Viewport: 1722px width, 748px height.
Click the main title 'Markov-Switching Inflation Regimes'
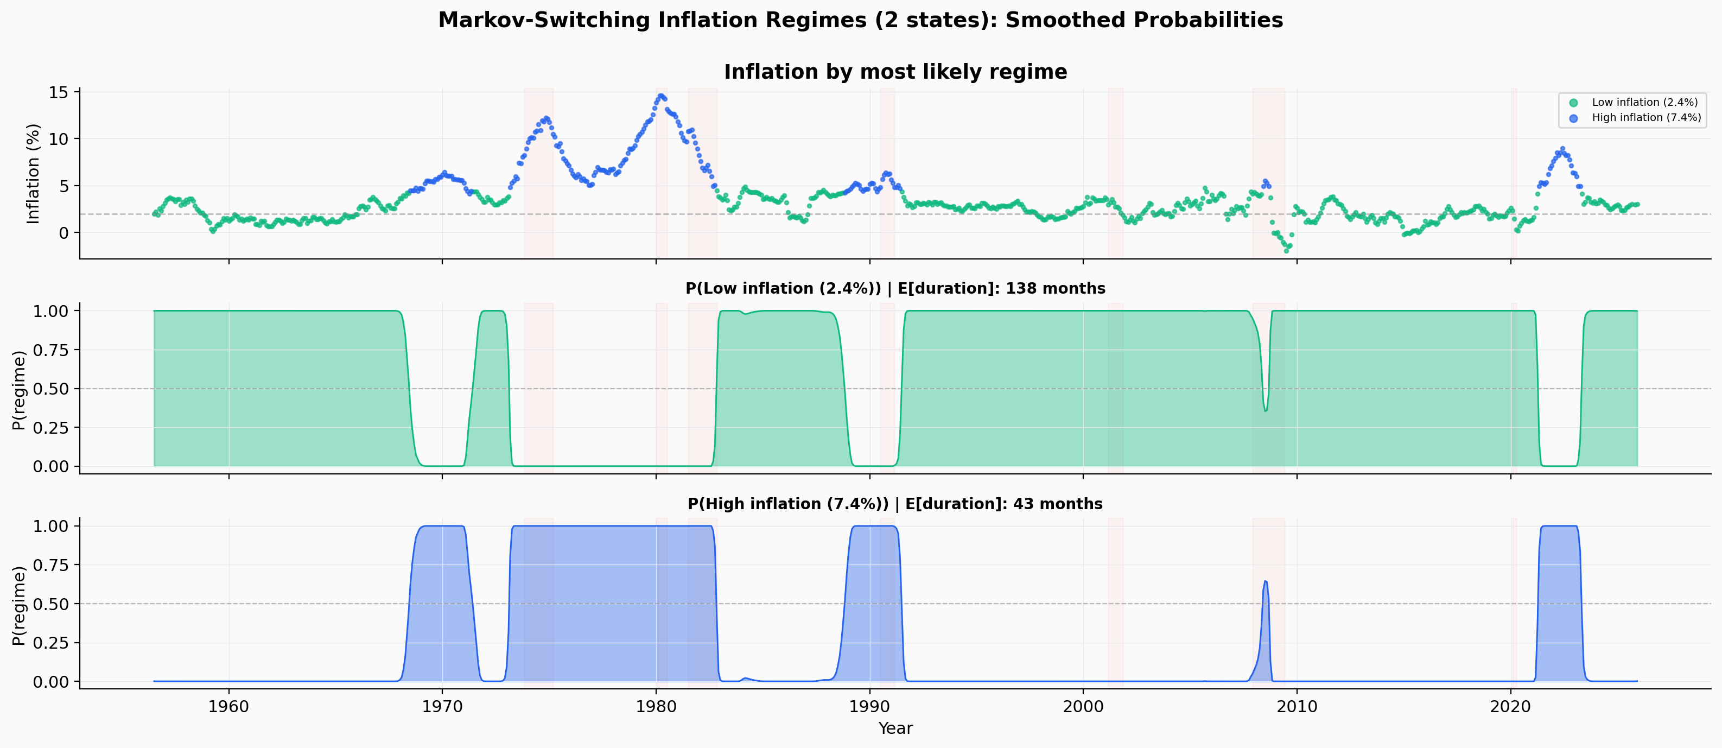[x=860, y=20]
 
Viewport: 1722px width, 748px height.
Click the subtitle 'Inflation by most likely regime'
[x=895, y=72]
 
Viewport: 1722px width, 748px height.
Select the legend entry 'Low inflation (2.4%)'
[x=1644, y=102]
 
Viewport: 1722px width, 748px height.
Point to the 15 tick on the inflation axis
[x=59, y=92]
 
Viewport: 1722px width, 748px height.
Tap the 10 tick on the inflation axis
[x=59, y=139]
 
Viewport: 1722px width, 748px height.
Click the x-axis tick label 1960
[x=228, y=707]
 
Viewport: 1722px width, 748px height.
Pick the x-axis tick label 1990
[x=869, y=707]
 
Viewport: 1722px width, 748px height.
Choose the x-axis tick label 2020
[x=1510, y=707]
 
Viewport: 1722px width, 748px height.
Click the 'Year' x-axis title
[x=895, y=728]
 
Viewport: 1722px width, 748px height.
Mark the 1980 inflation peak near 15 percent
[x=661, y=96]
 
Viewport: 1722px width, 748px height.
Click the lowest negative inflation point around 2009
[x=1286, y=251]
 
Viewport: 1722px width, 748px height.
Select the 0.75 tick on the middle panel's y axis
[x=51, y=350]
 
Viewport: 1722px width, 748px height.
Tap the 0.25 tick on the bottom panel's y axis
[x=51, y=642]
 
